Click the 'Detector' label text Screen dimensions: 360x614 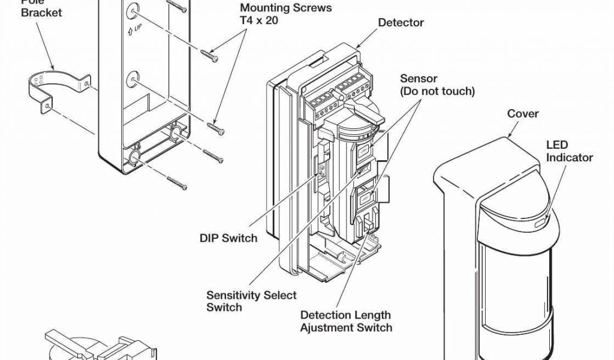[401, 23]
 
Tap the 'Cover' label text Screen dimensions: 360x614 [523, 113]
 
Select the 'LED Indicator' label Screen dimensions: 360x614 [569, 151]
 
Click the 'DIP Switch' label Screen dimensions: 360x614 [228, 238]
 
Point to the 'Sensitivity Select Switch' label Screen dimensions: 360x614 [251, 301]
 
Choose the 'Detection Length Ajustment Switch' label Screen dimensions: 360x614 [346, 321]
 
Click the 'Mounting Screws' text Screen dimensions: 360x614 [285, 8]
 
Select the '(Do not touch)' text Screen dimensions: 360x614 [438, 91]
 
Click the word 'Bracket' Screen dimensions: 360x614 [41, 13]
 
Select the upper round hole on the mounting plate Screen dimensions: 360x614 [131, 11]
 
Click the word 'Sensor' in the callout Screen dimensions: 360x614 [419, 79]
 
